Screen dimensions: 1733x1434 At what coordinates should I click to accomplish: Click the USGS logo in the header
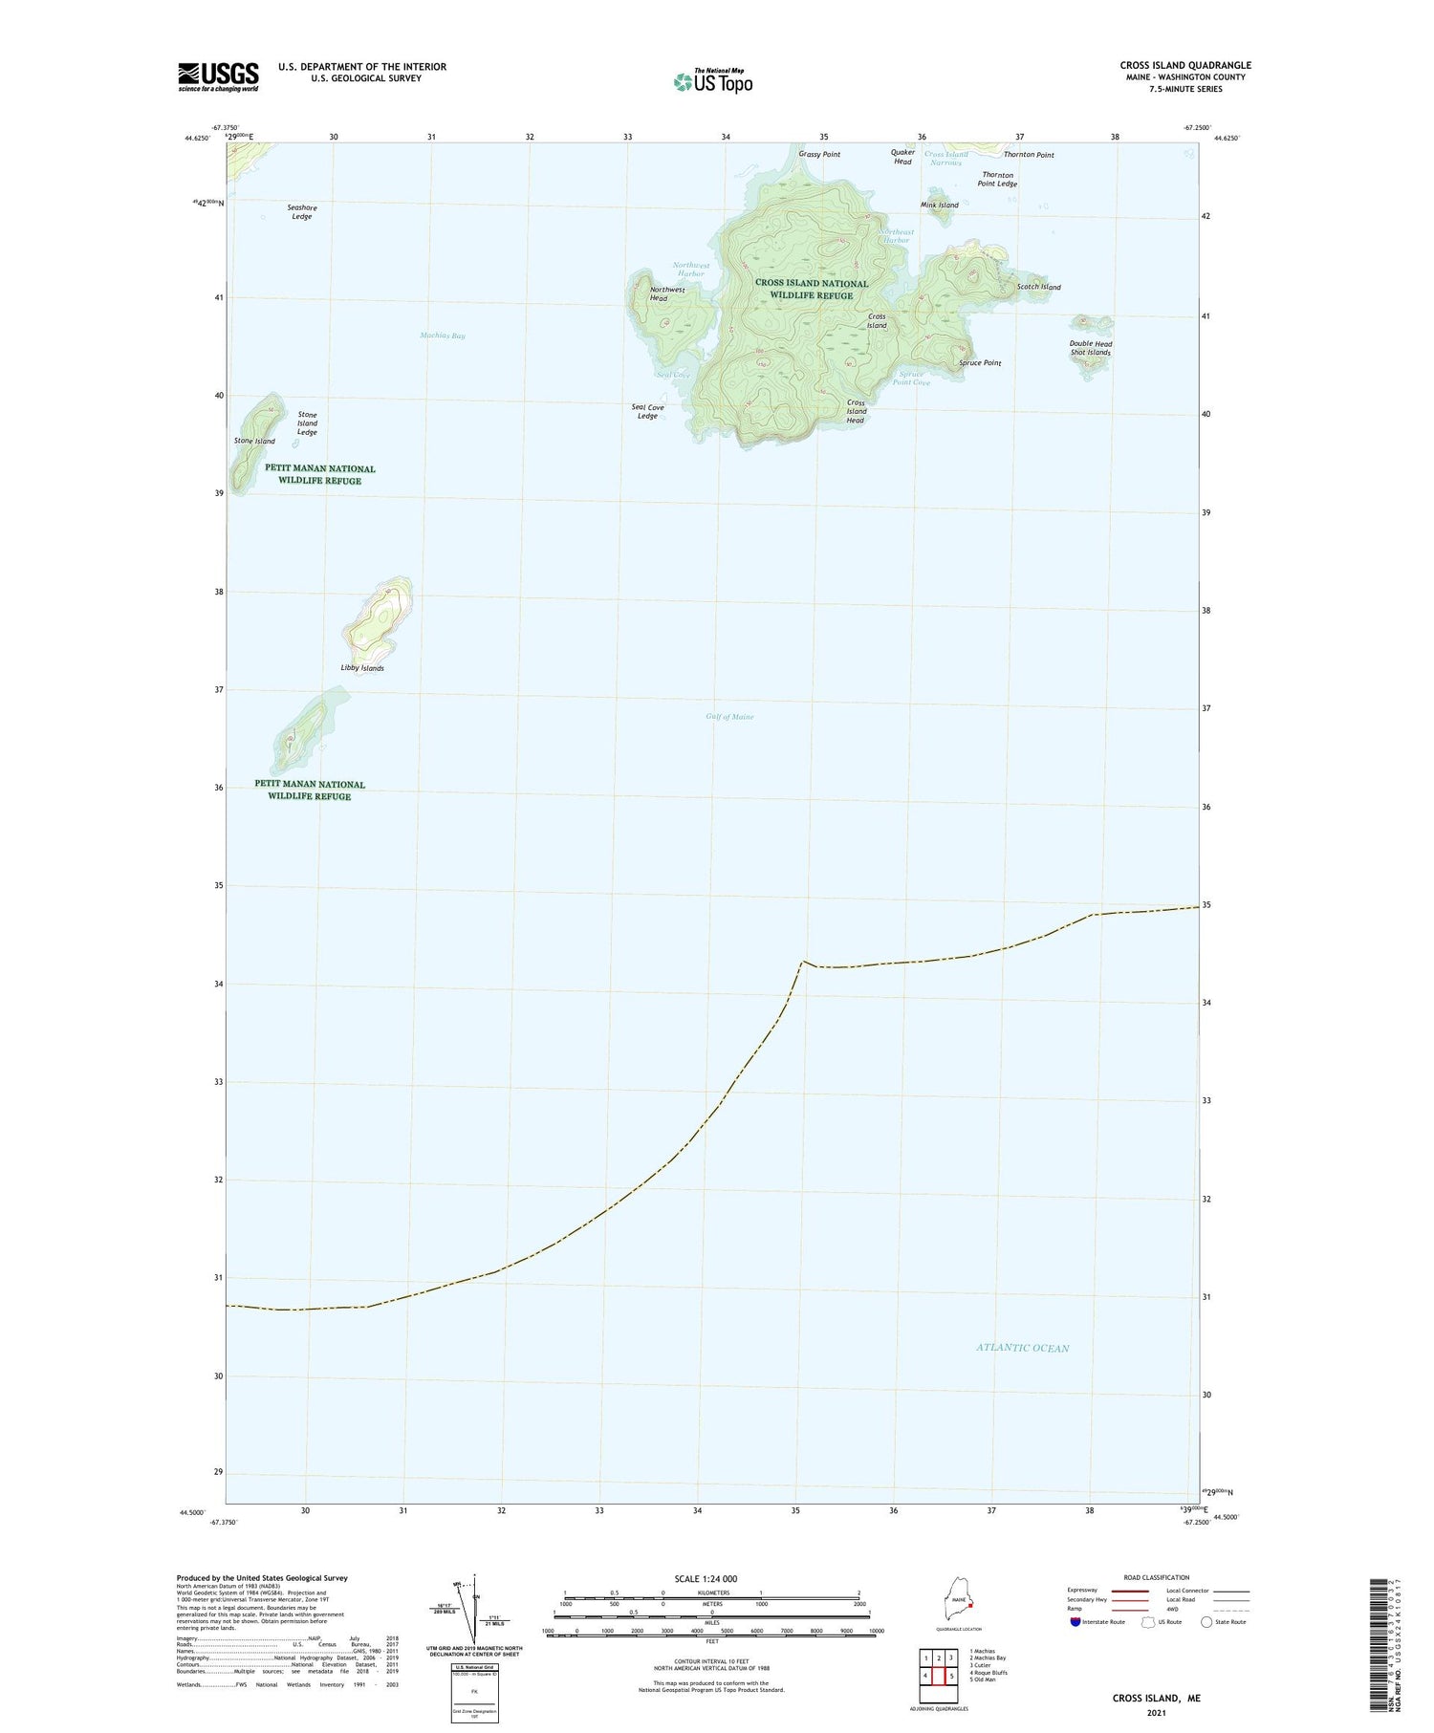click(218, 76)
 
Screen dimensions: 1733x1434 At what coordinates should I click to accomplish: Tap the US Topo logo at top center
click(712, 81)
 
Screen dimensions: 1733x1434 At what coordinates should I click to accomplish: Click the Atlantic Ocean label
click(1022, 1348)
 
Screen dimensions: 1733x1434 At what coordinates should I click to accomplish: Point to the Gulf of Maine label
click(729, 717)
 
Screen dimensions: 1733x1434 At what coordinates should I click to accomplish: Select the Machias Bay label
click(443, 336)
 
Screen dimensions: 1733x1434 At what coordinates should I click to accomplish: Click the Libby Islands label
click(362, 668)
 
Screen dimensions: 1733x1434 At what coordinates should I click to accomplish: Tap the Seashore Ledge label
click(302, 212)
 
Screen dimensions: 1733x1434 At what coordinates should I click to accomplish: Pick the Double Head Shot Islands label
click(1090, 348)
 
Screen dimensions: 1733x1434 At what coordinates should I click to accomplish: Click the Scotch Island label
click(1038, 287)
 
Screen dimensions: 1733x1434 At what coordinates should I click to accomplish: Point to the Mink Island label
click(939, 206)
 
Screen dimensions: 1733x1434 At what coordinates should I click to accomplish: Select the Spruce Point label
click(980, 363)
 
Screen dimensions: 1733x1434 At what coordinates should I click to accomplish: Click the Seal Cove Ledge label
click(647, 412)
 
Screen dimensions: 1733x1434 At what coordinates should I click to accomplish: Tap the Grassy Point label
click(819, 155)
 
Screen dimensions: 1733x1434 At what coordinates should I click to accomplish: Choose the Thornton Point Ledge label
click(999, 180)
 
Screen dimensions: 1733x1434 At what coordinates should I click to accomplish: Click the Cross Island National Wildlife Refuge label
click(812, 290)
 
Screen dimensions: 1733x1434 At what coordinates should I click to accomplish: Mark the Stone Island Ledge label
click(307, 423)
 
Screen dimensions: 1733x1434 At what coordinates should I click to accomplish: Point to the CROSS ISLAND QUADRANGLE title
click(1185, 65)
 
